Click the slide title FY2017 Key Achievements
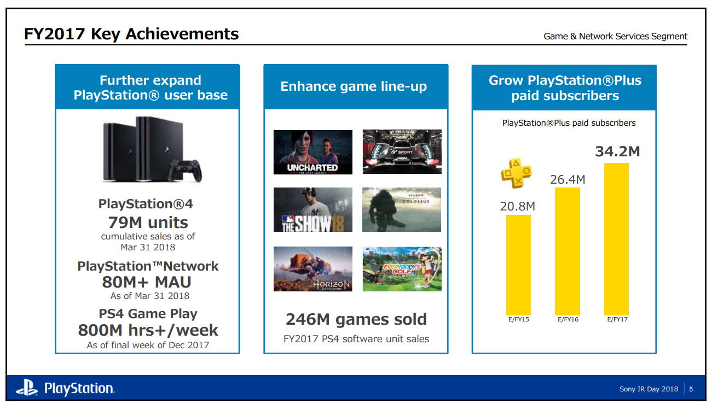click(131, 34)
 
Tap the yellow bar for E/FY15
click(518, 265)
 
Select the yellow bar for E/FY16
click(568, 251)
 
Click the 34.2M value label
click(617, 151)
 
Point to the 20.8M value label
click(517, 206)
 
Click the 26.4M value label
click(568, 179)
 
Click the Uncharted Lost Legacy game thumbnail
click(312, 152)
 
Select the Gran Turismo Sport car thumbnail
click(402, 151)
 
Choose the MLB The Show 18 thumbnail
click(312, 210)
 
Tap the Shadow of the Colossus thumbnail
click(402, 210)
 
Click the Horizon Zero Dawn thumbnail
click(312, 268)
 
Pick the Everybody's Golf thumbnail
click(402, 268)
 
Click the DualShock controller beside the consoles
click(185, 171)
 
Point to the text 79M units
click(148, 222)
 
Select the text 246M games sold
click(356, 319)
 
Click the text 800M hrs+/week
click(148, 330)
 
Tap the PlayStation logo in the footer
click(65, 389)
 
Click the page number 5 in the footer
click(691, 389)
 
